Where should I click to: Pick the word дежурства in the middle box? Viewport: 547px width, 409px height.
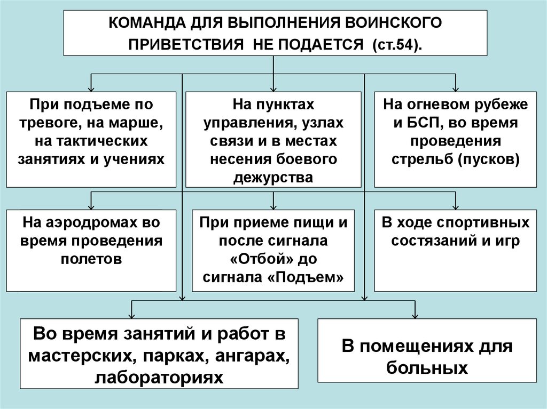(x=273, y=177)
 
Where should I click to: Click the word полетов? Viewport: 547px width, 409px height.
(x=91, y=258)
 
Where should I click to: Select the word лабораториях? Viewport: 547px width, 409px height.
(x=159, y=376)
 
